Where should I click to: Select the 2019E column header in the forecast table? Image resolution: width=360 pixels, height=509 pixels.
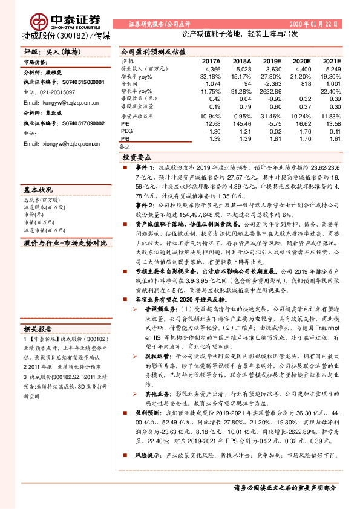coord(272,61)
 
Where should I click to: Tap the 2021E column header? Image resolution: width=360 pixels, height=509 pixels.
coord(332,61)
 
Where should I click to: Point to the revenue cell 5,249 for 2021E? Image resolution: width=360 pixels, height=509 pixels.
coord(332,70)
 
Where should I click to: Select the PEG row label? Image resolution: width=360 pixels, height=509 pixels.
coord(126,131)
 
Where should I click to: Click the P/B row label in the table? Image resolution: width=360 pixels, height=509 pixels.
coord(126,139)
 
